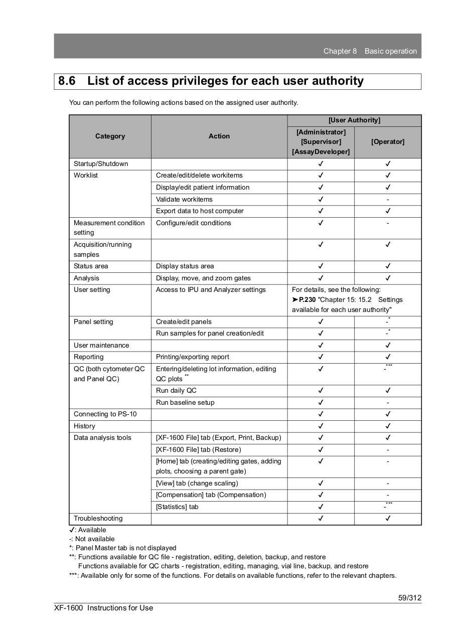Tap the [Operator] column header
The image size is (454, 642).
pos(387,142)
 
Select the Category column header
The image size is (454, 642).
pos(110,136)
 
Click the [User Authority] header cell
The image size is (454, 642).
pos(354,120)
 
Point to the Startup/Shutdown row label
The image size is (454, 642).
pos(101,164)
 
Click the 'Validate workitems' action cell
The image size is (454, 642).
pos(184,200)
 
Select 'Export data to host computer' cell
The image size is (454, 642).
pos(200,211)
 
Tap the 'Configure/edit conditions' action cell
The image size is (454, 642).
pos(194,223)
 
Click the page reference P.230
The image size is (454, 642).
pos(307,300)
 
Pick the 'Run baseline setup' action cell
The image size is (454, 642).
pos(185,403)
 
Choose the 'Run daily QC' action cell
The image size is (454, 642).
pos(176,391)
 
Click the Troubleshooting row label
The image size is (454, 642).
pos(98,519)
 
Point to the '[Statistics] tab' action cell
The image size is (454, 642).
pos(177,507)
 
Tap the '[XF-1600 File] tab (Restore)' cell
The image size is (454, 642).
pos(198,450)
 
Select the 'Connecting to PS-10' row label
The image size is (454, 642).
pos(105,414)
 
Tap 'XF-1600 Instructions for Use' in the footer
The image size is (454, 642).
pos(104,608)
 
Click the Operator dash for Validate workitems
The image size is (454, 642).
pos(388,200)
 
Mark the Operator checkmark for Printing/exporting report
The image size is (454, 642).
pos(388,357)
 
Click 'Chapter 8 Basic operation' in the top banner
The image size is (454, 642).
pos(370,51)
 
